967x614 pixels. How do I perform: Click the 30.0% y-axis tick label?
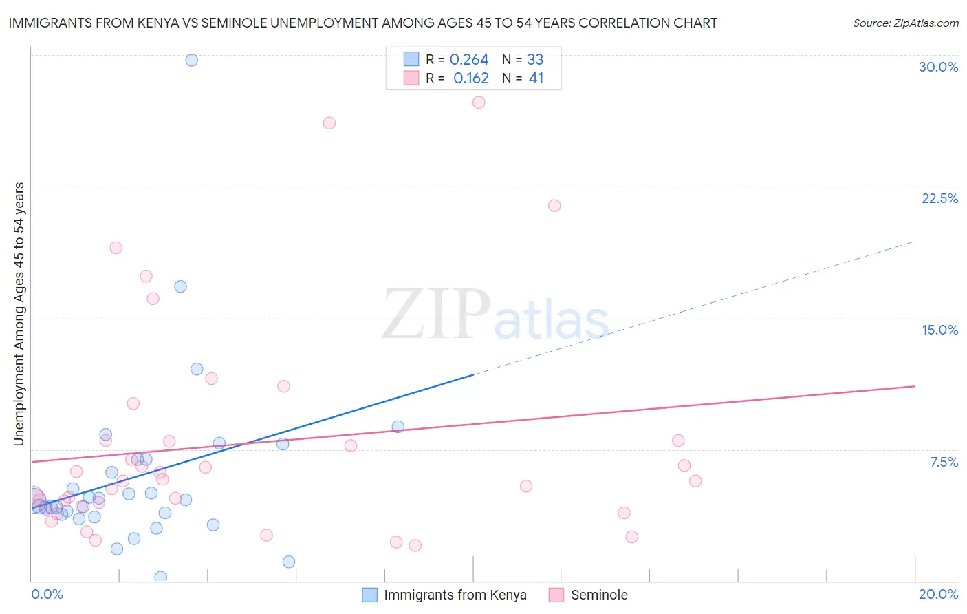938,67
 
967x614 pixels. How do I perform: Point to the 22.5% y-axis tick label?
939,198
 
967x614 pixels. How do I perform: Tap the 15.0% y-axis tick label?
939,330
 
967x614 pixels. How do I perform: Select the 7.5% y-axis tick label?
944,462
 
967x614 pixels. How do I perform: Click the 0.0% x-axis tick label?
47,594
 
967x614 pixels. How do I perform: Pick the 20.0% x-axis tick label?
938,594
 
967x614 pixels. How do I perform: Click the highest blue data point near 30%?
192,60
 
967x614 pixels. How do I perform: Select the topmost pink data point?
479,103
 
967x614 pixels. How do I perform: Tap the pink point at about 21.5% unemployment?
554,206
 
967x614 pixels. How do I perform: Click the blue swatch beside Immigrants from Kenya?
370,595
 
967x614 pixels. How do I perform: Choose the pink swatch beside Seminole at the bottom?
556,595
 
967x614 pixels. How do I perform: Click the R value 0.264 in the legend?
469,60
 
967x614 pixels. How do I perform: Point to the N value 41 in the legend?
536,78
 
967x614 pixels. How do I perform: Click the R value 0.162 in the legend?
471,78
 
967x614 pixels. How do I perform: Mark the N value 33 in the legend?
535,60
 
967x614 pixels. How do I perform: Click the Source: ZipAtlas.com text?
905,23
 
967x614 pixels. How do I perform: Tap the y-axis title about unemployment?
19,314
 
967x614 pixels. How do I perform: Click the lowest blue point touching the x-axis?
161,577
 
